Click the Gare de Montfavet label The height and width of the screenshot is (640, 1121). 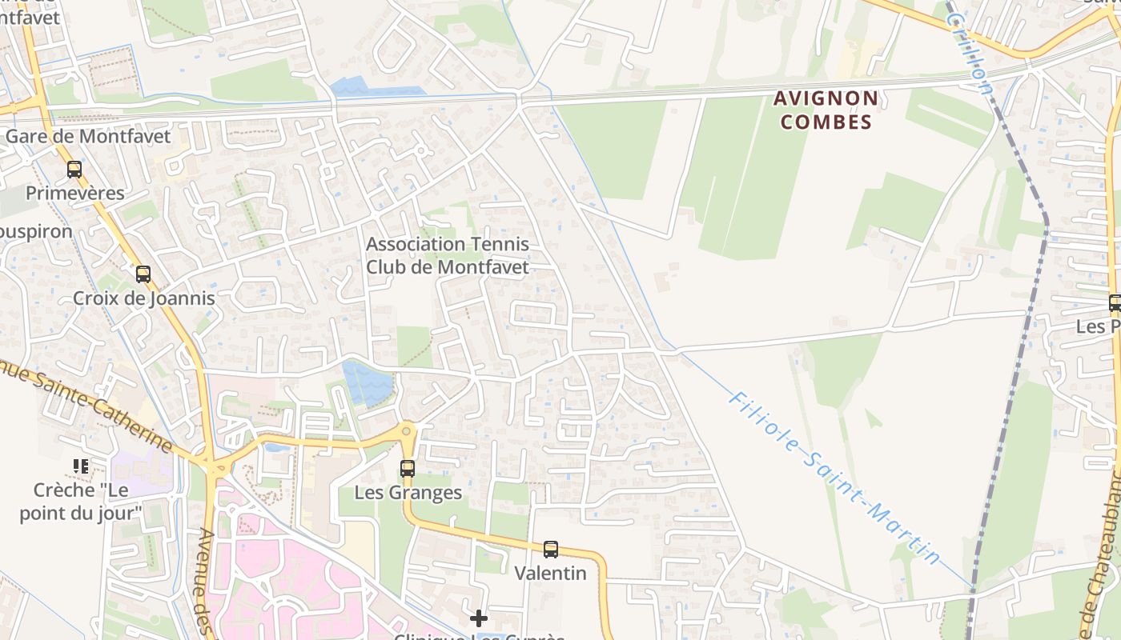(x=88, y=136)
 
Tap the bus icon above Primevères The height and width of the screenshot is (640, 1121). (x=74, y=170)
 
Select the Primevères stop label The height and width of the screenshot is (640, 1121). (x=75, y=193)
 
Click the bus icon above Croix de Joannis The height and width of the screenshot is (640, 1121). (x=143, y=274)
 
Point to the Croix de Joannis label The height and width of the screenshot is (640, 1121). (x=144, y=298)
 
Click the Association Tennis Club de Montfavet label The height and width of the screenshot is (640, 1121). (x=448, y=255)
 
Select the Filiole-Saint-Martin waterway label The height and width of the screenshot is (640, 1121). (x=834, y=478)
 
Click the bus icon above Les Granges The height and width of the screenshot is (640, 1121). (x=408, y=469)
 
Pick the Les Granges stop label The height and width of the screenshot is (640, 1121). (x=408, y=492)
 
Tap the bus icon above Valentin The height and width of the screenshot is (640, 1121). (x=551, y=550)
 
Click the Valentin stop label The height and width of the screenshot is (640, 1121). (x=551, y=573)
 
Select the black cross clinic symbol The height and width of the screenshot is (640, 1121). (x=479, y=618)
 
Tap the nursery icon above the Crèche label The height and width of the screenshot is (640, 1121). (x=80, y=466)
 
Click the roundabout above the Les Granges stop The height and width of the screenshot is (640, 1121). (x=408, y=433)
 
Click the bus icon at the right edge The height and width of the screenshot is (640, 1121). (x=1115, y=303)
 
